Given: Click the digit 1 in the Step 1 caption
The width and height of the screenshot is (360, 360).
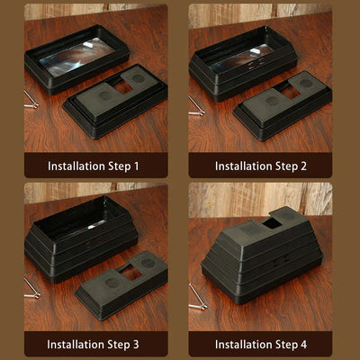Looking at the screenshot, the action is (x=136, y=166).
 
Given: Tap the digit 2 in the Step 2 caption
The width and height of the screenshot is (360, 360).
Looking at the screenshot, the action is (x=303, y=166).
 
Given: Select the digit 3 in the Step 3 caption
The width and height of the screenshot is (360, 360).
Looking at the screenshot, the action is (x=136, y=345).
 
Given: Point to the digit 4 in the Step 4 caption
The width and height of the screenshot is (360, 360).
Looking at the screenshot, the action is (x=303, y=345).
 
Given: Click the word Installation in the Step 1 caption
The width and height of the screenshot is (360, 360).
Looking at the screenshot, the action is (x=76, y=166).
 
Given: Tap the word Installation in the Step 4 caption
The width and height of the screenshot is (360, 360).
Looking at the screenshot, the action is (x=244, y=345).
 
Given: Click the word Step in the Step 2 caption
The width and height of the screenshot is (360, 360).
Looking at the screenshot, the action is (x=286, y=166).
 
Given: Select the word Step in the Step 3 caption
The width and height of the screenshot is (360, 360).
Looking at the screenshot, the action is (x=119, y=345).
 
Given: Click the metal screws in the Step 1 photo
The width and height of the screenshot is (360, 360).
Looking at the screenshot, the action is (x=31, y=100).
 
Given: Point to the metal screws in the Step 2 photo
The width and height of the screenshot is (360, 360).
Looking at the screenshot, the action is (x=196, y=106).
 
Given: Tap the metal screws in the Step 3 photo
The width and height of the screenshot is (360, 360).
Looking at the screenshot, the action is (x=31, y=289).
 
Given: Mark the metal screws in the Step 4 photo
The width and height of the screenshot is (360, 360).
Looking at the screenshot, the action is (x=198, y=297).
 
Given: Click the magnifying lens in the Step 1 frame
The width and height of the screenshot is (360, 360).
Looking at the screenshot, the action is (x=77, y=57).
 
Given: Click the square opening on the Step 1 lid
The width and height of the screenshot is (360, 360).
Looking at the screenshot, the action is (x=122, y=87).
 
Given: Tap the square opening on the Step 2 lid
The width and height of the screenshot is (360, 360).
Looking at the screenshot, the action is (x=288, y=91).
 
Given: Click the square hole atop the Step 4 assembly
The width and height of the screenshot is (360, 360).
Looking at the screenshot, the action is (x=272, y=223).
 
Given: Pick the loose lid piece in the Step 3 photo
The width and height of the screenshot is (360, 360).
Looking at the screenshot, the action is (x=121, y=284).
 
